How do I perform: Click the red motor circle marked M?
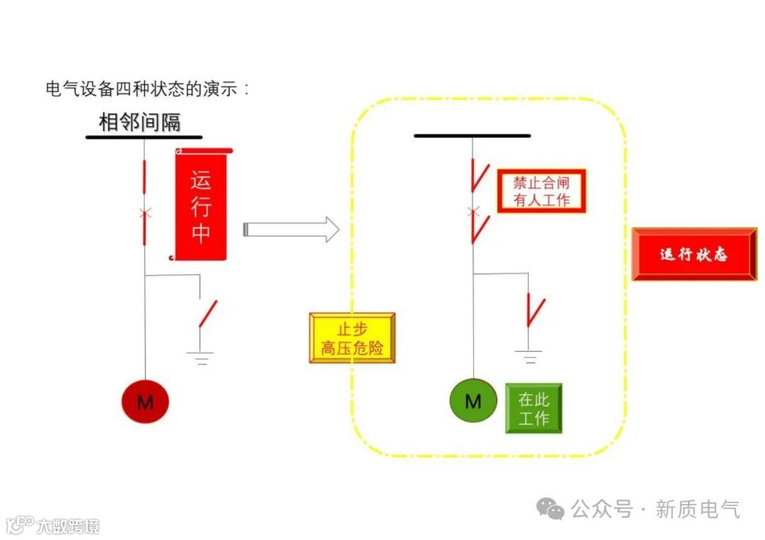[144, 402]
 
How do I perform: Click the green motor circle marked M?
[472, 401]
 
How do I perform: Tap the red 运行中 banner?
[201, 206]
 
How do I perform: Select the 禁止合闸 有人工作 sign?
[541, 191]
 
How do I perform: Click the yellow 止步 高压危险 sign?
[352, 338]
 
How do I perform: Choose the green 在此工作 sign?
[533, 408]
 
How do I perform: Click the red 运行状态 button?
[693, 255]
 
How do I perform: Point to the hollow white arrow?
[291, 230]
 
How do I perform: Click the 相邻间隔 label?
[140, 122]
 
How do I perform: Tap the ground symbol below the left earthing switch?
[202, 357]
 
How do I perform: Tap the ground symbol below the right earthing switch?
[529, 356]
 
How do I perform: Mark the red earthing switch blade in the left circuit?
[208, 314]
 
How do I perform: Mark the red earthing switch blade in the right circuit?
[535, 311]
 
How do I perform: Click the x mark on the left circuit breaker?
[144, 212]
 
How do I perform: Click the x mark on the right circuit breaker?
[473, 211]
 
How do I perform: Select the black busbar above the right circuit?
[472, 135]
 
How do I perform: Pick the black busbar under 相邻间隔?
[144, 137]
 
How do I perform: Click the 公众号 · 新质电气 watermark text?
[654, 509]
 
